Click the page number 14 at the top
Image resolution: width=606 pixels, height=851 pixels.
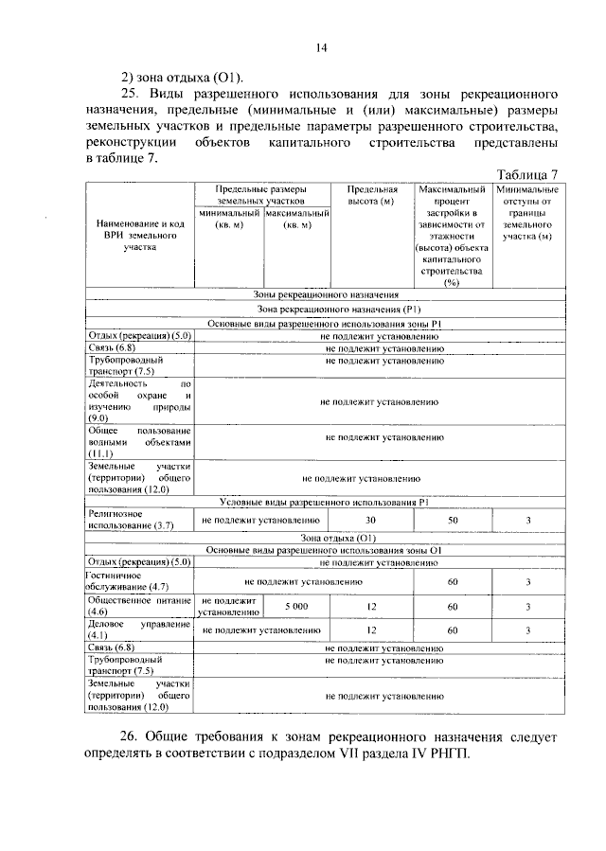321,50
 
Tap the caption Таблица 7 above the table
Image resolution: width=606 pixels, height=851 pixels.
527,174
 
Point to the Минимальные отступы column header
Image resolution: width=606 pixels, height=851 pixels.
526,213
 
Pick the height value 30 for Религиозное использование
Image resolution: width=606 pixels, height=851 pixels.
370,520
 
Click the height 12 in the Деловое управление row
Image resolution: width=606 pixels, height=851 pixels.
370,630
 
